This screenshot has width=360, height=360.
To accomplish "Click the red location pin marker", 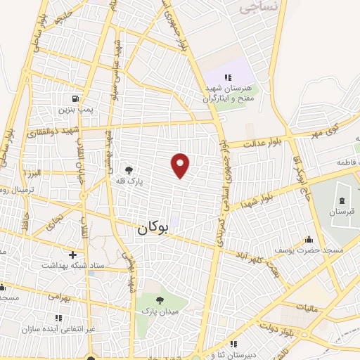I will [181, 165].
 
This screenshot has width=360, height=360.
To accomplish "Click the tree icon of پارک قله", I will [128, 169].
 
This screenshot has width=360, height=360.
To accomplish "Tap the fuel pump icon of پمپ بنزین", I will [75, 99].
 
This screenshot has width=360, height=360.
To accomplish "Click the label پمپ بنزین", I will [75, 110].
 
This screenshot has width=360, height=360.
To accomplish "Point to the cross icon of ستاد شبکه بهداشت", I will [72, 254].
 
